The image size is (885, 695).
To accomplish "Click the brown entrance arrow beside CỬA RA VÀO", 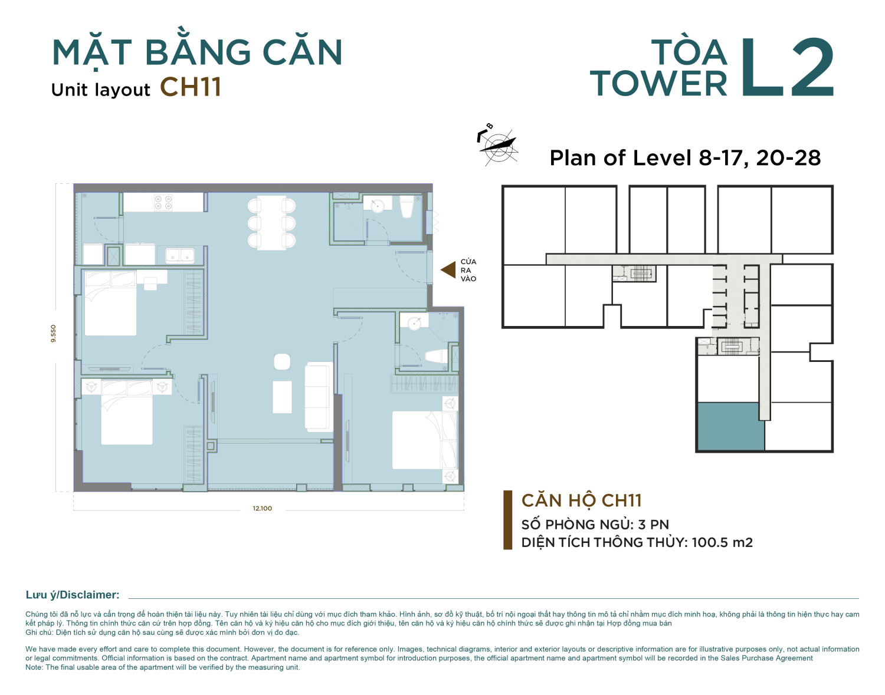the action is (x=449, y=270).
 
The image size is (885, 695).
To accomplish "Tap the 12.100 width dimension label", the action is (x=263, y=508).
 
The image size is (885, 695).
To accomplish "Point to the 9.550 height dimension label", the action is (x=53, y=333).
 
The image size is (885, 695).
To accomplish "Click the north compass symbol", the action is (x=498, y=145).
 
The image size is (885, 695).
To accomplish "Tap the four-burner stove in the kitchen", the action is (x=163, y=202).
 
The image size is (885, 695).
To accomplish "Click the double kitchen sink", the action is (x=179, y=256).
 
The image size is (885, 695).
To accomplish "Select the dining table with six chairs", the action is (x=271, y=223).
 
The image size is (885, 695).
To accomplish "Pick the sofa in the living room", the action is (x=319, y=397).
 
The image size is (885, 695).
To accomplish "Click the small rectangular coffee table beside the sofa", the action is (x=282, y=397).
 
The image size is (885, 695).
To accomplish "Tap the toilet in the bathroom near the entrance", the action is (x=407, y=206).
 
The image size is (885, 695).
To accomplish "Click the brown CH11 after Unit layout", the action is (x=191, y=87).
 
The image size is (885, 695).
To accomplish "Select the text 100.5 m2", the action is (x=722, y=542).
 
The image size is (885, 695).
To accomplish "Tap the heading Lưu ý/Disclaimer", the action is (x=73, y=595).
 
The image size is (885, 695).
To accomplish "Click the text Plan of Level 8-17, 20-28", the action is (x=685, y=158).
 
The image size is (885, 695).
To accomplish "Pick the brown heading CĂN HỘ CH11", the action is (x=582, y=500).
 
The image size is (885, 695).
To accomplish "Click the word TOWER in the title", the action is (x=658, y=84).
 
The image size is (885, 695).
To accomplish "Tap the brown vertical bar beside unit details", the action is (x=507, y=520).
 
